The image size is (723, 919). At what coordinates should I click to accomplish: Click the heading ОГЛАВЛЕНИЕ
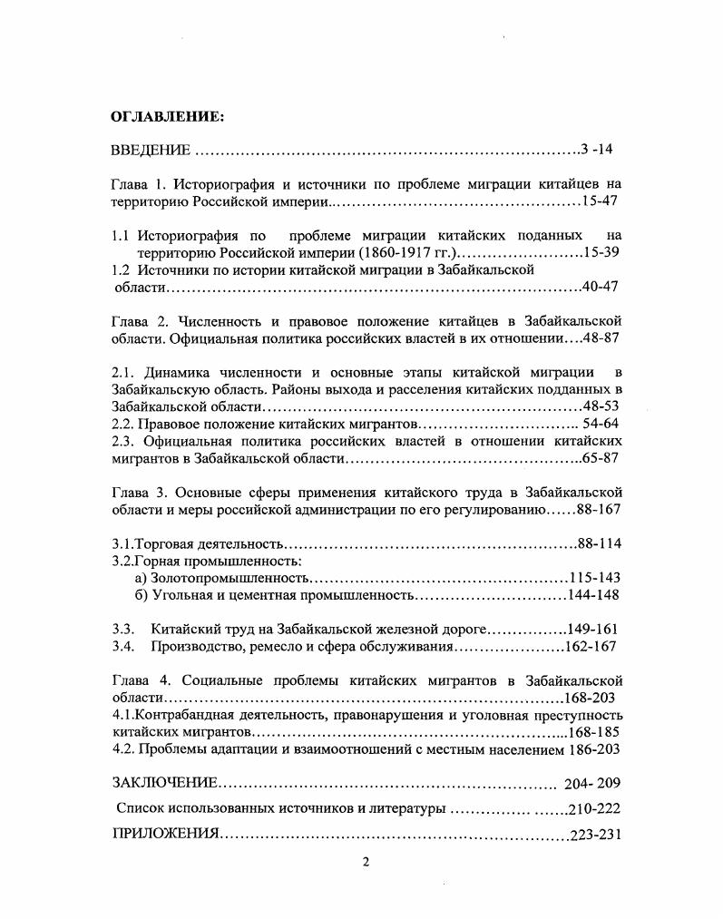(x=166, y=117)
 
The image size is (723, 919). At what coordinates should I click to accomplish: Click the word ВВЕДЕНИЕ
(x=150, y=150)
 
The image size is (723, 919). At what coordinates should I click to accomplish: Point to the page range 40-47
(x=601, y=287)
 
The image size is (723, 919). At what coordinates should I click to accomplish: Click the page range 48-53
(x=601, y=406)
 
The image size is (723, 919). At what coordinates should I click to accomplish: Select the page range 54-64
(x=601, y=424)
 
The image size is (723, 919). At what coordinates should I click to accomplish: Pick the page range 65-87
(x=601, y=459)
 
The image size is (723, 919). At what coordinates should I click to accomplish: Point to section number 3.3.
(x=123, y=629)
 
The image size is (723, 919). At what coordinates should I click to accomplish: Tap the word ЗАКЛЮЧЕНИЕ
(x=164, y=783)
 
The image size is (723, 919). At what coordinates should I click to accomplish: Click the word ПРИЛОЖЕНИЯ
(x=165, y=835)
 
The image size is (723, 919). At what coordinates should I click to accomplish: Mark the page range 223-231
(x=595, y=835)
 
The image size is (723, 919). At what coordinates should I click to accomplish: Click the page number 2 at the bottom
(x=366, y=863)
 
